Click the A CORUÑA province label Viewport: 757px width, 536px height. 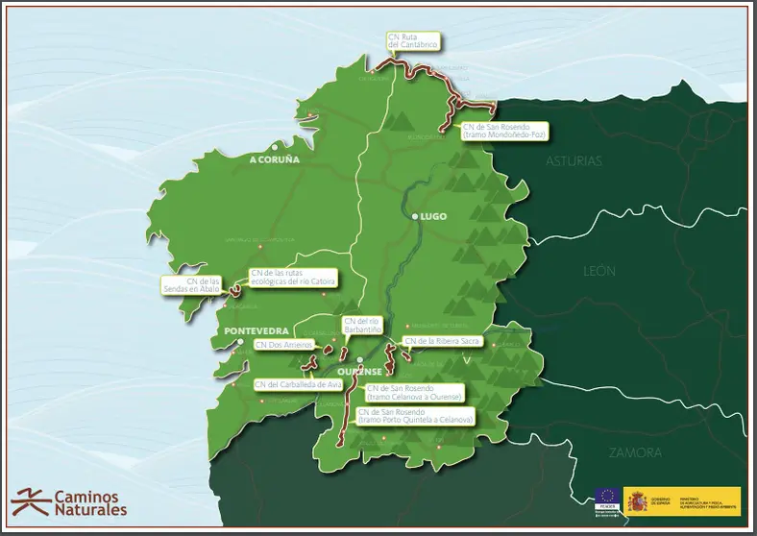point(275,158)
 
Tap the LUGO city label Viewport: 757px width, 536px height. point(434,217)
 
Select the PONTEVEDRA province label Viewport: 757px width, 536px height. point(256,330)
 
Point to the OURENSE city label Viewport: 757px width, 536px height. point(361,372)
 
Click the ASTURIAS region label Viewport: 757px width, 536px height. point(574,161)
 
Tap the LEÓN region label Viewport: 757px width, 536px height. point(599,272)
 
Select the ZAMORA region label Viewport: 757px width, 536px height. point(634,451)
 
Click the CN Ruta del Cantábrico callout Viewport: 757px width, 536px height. point(413,41)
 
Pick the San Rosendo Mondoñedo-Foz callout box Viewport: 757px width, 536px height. point(502,131)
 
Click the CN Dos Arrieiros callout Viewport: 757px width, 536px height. point(282,344)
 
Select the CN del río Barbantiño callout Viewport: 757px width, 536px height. point(362,325)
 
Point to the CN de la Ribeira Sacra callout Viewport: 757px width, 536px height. point(442,341)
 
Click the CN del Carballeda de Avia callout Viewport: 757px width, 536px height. point(298,384)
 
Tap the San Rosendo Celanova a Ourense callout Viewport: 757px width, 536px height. point(415,393)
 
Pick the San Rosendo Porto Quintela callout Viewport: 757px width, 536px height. point(416,416)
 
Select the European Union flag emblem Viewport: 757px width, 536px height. point(606,497)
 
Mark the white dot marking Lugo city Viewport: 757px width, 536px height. point(415,217)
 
